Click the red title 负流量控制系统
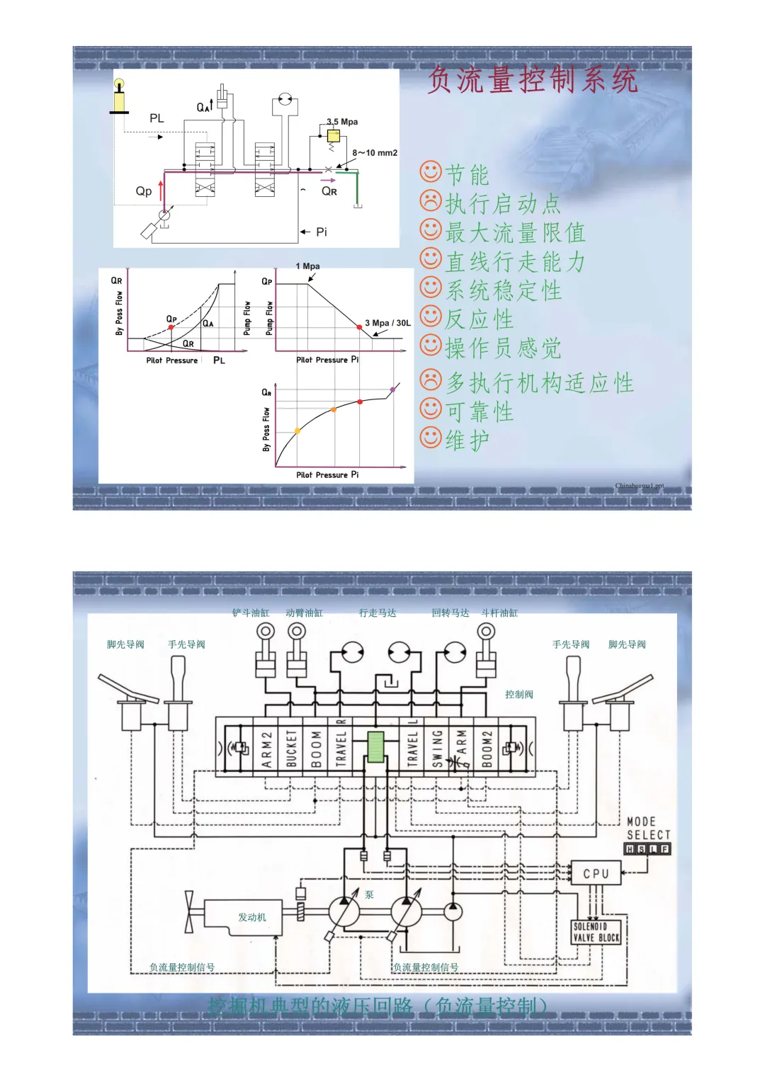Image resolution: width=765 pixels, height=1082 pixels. tap(533, 79)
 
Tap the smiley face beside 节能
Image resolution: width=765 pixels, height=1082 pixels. tap(431, 172)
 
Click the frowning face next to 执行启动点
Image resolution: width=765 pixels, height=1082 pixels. tap(431, 202)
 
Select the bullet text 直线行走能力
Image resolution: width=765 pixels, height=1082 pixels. tap(515, 262)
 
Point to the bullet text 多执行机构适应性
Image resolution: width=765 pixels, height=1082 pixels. tap(539, 383)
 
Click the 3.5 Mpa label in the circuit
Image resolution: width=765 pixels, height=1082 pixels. tap(342, 122)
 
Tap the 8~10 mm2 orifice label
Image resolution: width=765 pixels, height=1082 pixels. tap(375, 153)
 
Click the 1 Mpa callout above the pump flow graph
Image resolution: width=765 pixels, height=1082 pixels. tap(307, 266)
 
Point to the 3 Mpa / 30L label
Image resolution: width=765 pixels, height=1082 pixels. tap(387, 323)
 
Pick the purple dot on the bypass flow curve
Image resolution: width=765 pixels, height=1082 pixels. tap(393, 389)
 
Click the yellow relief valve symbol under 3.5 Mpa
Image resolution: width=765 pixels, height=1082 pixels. tap(333, 136)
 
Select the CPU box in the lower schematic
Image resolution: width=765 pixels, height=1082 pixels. tap(596, 873)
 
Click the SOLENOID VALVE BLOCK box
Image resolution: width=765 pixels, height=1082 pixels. tap(596, 932)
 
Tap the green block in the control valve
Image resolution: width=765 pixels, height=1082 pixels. tap(375, 746)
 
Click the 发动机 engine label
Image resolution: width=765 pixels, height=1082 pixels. tap(251, 917)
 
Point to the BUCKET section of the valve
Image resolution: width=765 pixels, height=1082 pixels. tap(291, 748)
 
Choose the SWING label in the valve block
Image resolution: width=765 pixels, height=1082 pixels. tap(437, 748)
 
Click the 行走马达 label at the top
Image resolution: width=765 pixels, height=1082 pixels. tap(378, 613)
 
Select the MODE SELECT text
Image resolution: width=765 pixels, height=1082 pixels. tap(647, 828)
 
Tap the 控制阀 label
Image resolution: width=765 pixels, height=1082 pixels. tap(519, 695)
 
